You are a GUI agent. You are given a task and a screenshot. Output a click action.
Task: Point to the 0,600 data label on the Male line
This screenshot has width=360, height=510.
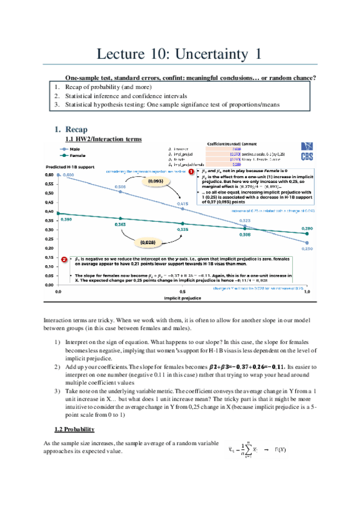69,174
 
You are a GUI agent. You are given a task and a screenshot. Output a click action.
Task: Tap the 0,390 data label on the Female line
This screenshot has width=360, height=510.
66,220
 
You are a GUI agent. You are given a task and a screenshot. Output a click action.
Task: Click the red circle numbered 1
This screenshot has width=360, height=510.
192,172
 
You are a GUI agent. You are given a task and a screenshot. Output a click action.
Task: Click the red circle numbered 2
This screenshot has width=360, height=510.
64,259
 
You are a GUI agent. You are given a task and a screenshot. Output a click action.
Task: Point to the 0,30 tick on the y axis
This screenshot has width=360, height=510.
49,230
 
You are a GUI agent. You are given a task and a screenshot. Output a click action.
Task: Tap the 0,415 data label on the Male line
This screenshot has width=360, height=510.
182,204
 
